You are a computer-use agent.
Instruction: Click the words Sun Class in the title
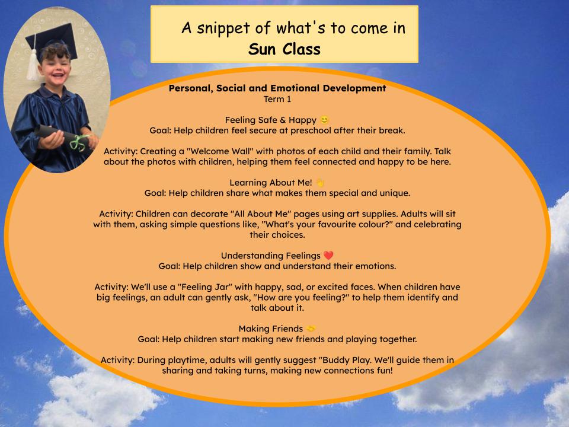[284, 49]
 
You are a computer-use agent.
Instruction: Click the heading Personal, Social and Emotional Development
[277, 88]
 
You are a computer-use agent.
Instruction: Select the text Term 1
[277, 99]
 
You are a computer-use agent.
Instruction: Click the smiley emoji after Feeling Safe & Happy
[324, 119]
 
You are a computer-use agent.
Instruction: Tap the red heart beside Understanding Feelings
[328, 255]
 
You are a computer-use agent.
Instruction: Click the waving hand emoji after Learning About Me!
[319, 182]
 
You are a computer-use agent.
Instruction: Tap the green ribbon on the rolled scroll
[79, 142]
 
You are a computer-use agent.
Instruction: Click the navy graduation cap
[52, 40]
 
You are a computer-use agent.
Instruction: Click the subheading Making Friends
[270, 329]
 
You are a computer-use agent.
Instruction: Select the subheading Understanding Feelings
[270, 256]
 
